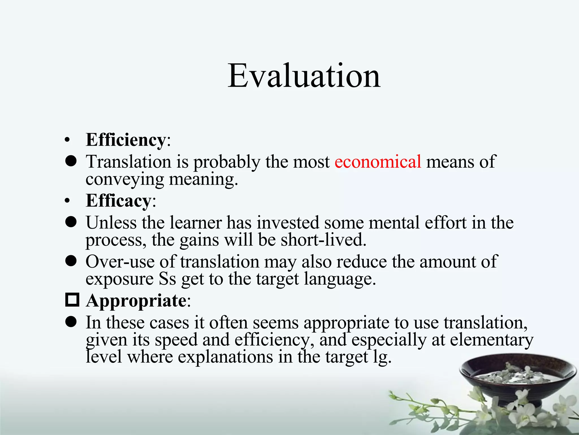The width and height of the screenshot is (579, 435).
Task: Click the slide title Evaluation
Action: [x=304, y=76]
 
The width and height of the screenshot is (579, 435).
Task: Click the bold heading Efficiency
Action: [x=126, y=140]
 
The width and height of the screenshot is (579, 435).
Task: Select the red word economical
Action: [x=378, y=162]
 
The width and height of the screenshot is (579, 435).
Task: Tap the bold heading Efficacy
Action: [x=118, y=201]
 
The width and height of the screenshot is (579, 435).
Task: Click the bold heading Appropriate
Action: [x=136, y=300]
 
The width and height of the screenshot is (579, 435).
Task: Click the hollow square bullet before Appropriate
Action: [x=72, y=300]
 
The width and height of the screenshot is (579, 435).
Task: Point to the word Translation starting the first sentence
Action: [x=129, y=162]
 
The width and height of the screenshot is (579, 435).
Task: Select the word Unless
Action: [x=111, y=223]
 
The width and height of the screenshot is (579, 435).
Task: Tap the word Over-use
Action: [x=120, y=261]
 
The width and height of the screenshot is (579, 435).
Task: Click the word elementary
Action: [x=491, y=340]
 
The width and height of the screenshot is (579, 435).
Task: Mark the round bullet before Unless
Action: [x=71, y=222]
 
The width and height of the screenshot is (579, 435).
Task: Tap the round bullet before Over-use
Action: [x=71, y=261]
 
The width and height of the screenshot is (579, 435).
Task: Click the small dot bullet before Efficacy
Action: [x=67, y=201]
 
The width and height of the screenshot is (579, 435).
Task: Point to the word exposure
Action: [x=119, y=279]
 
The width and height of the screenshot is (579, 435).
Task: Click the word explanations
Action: [x=225, y=357]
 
